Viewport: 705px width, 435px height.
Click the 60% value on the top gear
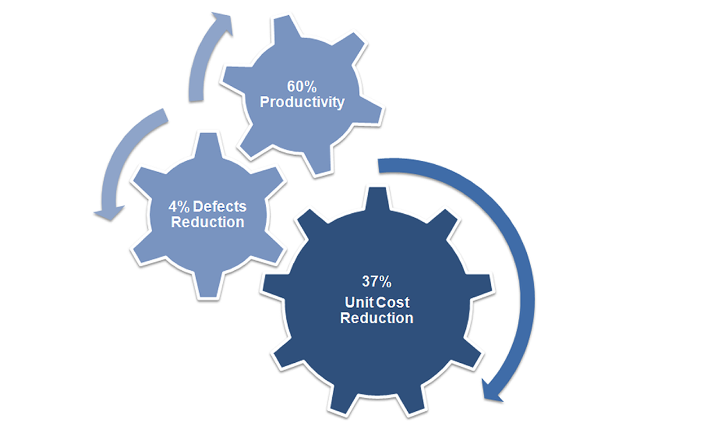(x=302, y=87)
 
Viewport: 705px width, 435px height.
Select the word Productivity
(x=302, y=103)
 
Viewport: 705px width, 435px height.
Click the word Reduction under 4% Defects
(x=208, y=222)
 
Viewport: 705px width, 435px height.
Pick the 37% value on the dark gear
(x=376, y=282)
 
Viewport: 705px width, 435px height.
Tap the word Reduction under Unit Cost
(x=377, y=318)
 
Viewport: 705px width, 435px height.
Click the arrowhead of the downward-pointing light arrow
(x=109, y=213)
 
